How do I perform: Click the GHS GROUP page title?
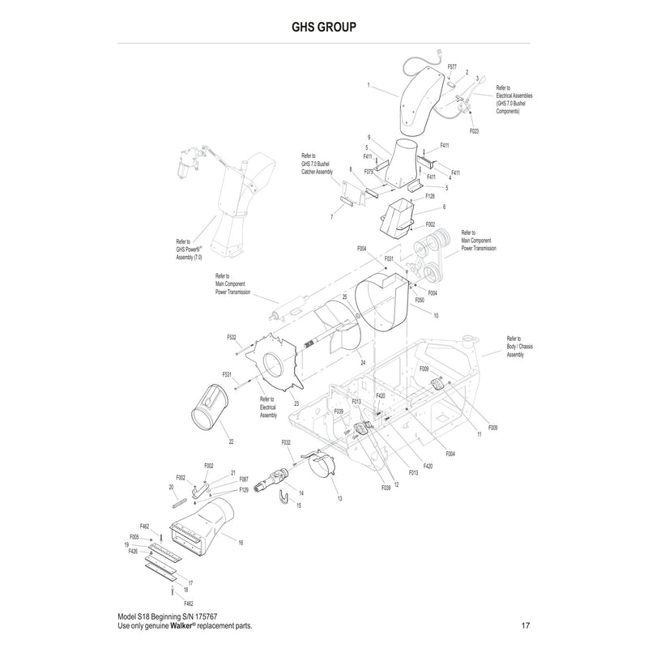[324, 25]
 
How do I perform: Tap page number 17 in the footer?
[526, 626]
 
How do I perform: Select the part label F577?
[452, 67]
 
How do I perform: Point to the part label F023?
[475, 130]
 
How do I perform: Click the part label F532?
[231, 337]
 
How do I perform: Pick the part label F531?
[228, 375]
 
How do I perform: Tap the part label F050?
[420, 300]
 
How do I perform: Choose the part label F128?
[430, 196]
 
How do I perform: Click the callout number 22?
[231, 441]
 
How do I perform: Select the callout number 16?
[241, 542]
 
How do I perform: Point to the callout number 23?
[296, 403]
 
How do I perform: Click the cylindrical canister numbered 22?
[211, 405]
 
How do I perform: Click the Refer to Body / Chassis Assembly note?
[519, 346]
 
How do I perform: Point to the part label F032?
[286, 443]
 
